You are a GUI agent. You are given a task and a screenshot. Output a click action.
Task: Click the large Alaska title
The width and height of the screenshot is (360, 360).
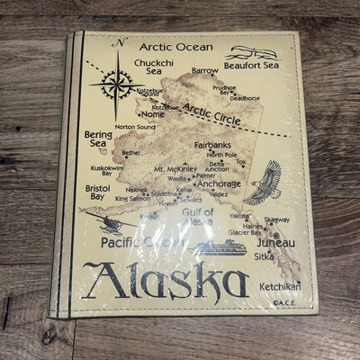pyautogui.click(x=168, y=281)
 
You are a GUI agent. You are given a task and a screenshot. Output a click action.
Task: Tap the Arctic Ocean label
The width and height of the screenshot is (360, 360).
pyautogui.click(x=175, y=48)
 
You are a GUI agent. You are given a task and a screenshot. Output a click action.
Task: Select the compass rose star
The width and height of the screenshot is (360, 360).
pyautogui.click(x=116, y=85)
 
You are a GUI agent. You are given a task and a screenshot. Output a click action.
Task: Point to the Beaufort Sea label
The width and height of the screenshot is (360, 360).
pyautogui.click(x=252, y=65)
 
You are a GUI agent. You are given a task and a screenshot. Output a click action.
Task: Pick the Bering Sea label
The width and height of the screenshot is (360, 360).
pyautogui.click(x=98, y=138)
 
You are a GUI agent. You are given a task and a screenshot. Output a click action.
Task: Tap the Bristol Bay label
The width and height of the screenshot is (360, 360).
pyautogui.click(x=97, y=192)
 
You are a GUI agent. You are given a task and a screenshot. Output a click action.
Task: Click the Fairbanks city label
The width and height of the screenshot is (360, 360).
pyautogui.click(x=213, y=145)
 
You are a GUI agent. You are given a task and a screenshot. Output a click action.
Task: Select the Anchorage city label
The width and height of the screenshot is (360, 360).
pyautogui.click(x=219, y=184)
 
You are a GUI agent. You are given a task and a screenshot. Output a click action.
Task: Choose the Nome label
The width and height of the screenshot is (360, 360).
pyautogui.click(x=153, y=114)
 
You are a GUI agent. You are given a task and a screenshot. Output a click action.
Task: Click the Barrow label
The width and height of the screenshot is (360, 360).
pyautogui.click(x=204, y=70)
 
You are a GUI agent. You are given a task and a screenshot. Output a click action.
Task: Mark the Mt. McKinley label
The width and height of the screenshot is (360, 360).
pyautogui.click(x=175, y=169)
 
